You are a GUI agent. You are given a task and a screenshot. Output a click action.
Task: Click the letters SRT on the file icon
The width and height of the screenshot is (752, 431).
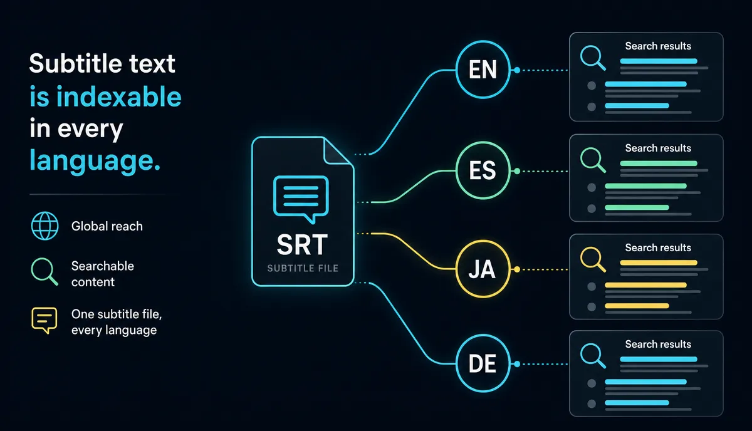[x=302, y=244]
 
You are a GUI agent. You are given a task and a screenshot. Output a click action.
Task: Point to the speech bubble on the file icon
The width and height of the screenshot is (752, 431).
[x=301, y=199]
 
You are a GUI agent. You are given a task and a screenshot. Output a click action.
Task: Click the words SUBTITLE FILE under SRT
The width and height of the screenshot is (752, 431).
[x=303, y=268]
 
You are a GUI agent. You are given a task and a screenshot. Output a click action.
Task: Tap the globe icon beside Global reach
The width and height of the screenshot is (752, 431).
[x=44, y=226]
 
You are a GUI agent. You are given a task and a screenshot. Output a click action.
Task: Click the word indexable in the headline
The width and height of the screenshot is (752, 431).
[x=119, y=96]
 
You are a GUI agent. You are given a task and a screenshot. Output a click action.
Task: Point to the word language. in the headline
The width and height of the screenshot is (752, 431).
[x=95, y=161]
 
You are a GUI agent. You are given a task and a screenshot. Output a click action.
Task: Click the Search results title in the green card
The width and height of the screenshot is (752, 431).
[x=658, y=148]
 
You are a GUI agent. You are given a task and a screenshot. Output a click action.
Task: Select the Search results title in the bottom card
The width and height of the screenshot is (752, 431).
[x=658, y=344]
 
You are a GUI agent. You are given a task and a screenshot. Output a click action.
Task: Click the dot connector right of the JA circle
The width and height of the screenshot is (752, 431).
[x=517, y=269]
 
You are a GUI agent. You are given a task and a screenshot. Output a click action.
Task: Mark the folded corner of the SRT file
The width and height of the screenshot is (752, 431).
[x=337, y=151]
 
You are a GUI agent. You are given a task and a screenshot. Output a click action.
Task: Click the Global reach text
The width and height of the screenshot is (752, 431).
[x=107, y=226]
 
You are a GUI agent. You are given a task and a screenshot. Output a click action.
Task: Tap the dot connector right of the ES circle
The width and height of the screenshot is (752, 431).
[x=517, y=171]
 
